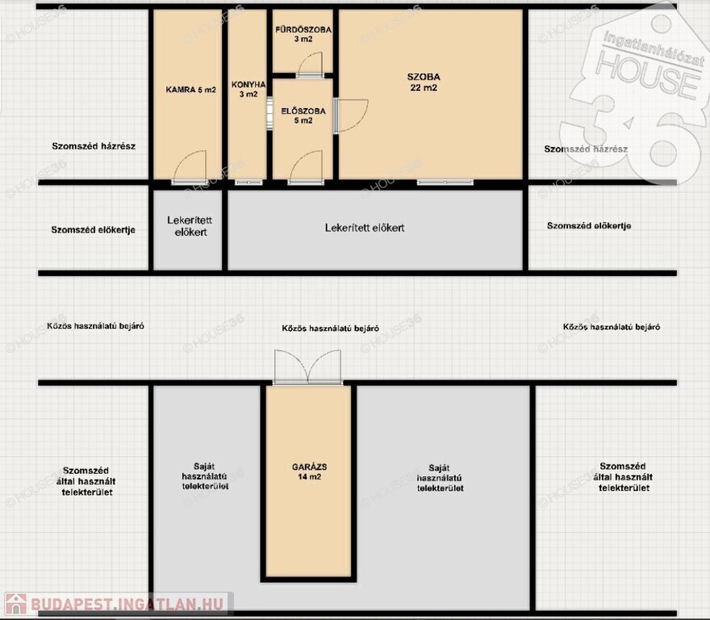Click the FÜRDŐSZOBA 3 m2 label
tap(303, 35)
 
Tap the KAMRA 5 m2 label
tap(190, 90)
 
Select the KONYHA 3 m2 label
tap(248, 90)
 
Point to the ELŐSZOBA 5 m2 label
tap(303, 115)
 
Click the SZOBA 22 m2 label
tap(424, 82)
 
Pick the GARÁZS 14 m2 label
tap(309, 471)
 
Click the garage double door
tap(308, 367)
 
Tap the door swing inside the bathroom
tap(310, 64)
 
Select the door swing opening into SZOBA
tap(352, 115)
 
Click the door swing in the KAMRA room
tap(190, 166)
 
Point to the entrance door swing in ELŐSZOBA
tap(306, 166)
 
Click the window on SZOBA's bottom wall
tap(445, 182)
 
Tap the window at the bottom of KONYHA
tap(248, 182)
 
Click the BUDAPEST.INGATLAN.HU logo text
tap(127, 604)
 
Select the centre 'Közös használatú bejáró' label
tap(331, 328)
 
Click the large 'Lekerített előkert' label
tap(365, 228)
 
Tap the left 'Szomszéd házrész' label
tap(94, 146)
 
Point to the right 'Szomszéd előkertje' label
tap(589, 226)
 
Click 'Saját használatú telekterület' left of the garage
tap(205, 476)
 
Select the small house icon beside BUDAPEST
tap(16, 604)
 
